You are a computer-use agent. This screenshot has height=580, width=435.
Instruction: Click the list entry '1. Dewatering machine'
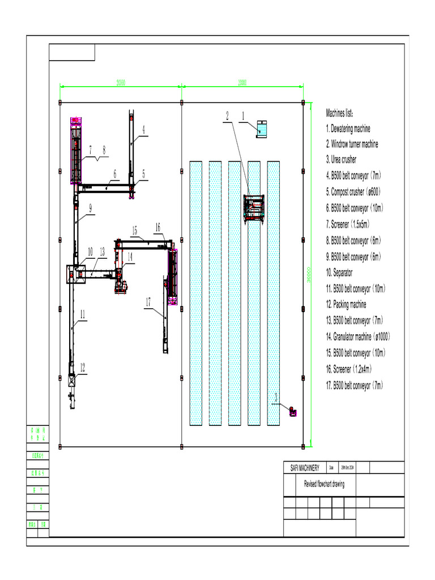[348, 129]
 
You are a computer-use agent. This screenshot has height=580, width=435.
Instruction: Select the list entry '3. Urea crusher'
[341, 160]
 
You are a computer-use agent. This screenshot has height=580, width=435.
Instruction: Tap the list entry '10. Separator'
[339, 272]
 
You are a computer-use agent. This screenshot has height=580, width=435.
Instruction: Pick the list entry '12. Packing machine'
[346, 305]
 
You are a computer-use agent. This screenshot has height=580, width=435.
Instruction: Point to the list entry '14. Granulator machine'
[357, 336]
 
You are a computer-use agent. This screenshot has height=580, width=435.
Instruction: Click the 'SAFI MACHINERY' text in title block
[305, 468]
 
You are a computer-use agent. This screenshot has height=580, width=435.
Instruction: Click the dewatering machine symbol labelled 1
[262, 129]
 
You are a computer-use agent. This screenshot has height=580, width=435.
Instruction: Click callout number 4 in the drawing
[143, 130]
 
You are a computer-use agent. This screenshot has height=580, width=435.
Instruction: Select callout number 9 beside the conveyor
[90, 208]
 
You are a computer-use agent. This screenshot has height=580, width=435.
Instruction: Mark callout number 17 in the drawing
[148, 302]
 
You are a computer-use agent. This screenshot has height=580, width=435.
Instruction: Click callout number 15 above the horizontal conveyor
[134, 230]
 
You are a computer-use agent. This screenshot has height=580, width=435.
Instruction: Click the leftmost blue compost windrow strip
[196, 293]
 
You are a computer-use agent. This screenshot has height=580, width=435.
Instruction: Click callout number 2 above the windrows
[227, 116]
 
